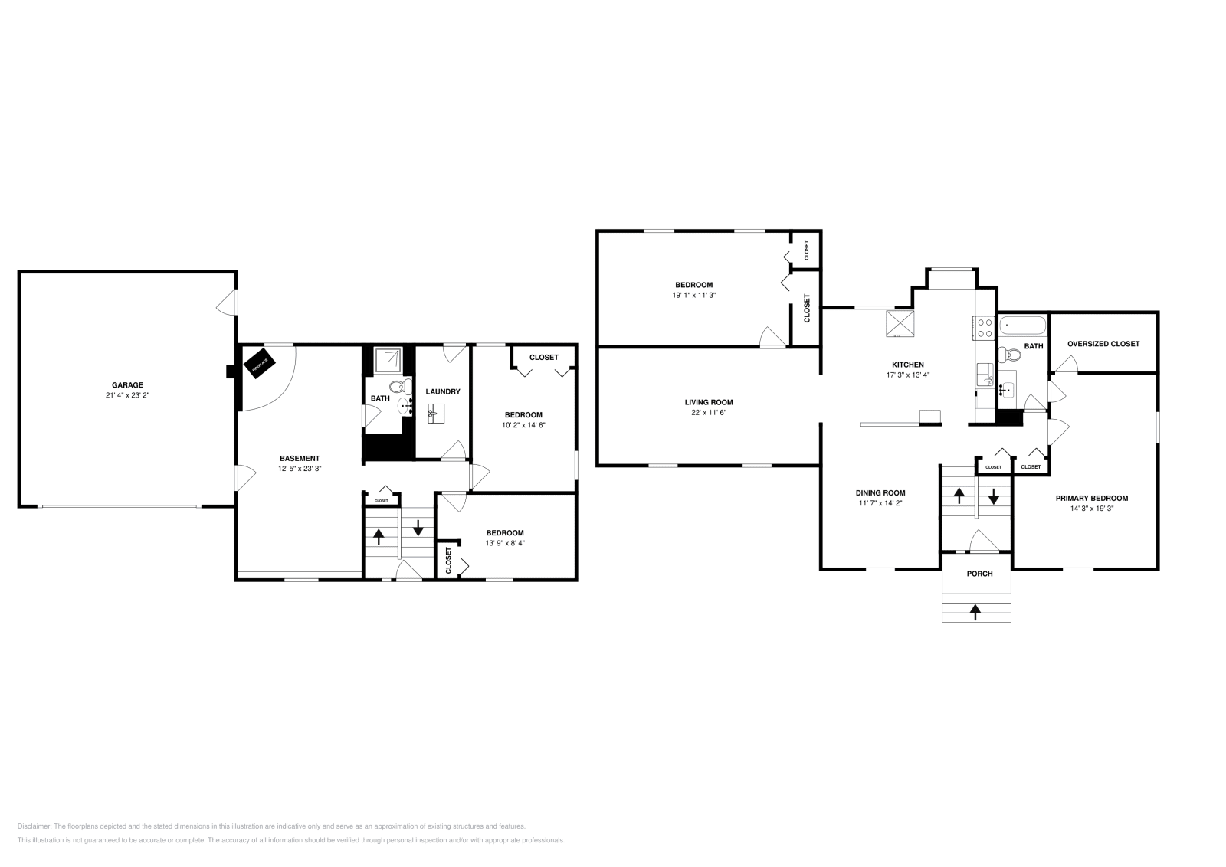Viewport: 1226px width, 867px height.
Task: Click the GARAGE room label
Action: pyautogui.click(x=127, y=385)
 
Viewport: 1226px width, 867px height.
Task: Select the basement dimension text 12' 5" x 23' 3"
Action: pyautogui.click(x=299, y=468)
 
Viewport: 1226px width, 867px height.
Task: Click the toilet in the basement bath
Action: pyautogui.click(x=396, y=386)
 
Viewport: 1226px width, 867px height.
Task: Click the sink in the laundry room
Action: pyautogui.click(x=436, y=413)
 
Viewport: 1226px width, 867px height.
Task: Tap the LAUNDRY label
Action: pyautogui.click(x=443, y=391)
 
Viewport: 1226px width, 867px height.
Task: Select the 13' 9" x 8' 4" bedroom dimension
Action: pyautogui.click(x=505, y=543)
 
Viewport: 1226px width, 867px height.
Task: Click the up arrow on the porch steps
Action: pyautogui.click(x=975, y=611)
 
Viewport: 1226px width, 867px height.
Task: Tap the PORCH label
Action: pyautogui.click(x=979, y=573)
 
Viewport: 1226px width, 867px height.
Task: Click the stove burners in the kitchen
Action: pyautogui.click(x=985, y=328)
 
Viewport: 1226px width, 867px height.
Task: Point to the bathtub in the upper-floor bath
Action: pyautogui.click(x=1022, y=326)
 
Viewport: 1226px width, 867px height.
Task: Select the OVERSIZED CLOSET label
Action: pyautogui.click(x=1103, y=344)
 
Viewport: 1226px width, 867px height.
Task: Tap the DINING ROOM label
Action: pyautogui.click(x=880, y=493)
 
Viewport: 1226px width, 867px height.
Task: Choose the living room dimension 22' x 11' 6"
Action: pyautogui.click(x=709, y=412)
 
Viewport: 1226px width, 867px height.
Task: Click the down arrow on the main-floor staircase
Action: pyautogui.click(x=993, y=496)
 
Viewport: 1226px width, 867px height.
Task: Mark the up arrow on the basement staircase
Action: pyautogui.click(x=379, y=535)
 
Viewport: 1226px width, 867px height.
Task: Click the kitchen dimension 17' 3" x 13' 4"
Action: pyautogui.click(x=907, y=375)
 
